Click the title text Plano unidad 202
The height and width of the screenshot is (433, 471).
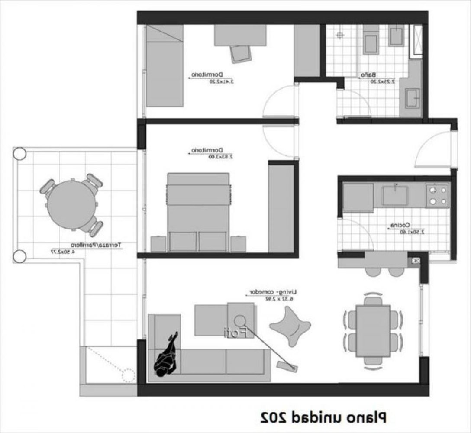point(323,417)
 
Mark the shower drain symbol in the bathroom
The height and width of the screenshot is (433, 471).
point(340,34)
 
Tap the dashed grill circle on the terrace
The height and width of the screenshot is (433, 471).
point(129,375)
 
